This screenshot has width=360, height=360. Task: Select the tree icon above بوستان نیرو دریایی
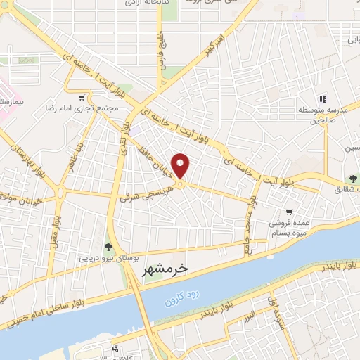pyautogui.click(x=108, y=246)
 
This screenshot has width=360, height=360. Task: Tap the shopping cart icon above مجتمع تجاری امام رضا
pyautogui.click(x=83, y=98)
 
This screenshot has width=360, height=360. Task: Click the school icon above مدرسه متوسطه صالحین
pyautogui.click(x=323, y=100)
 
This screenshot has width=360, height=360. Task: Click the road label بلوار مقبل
pyautogui.click(x=53, y=231)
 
